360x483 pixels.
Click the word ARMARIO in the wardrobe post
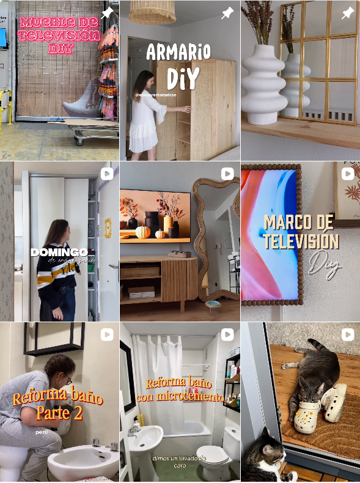tap(178, 52)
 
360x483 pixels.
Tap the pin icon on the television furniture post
tap(108, 12)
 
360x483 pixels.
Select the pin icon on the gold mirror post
tap(348, 13)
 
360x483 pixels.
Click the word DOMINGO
tap(59, 252)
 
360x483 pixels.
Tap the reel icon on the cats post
tap(348, 334)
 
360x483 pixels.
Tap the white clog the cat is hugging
tap(306, 418)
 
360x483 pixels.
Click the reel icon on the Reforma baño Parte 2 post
tap(107, 334)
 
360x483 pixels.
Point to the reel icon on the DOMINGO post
tap(107, 174)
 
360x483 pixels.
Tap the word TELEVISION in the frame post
tap(301, 242)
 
